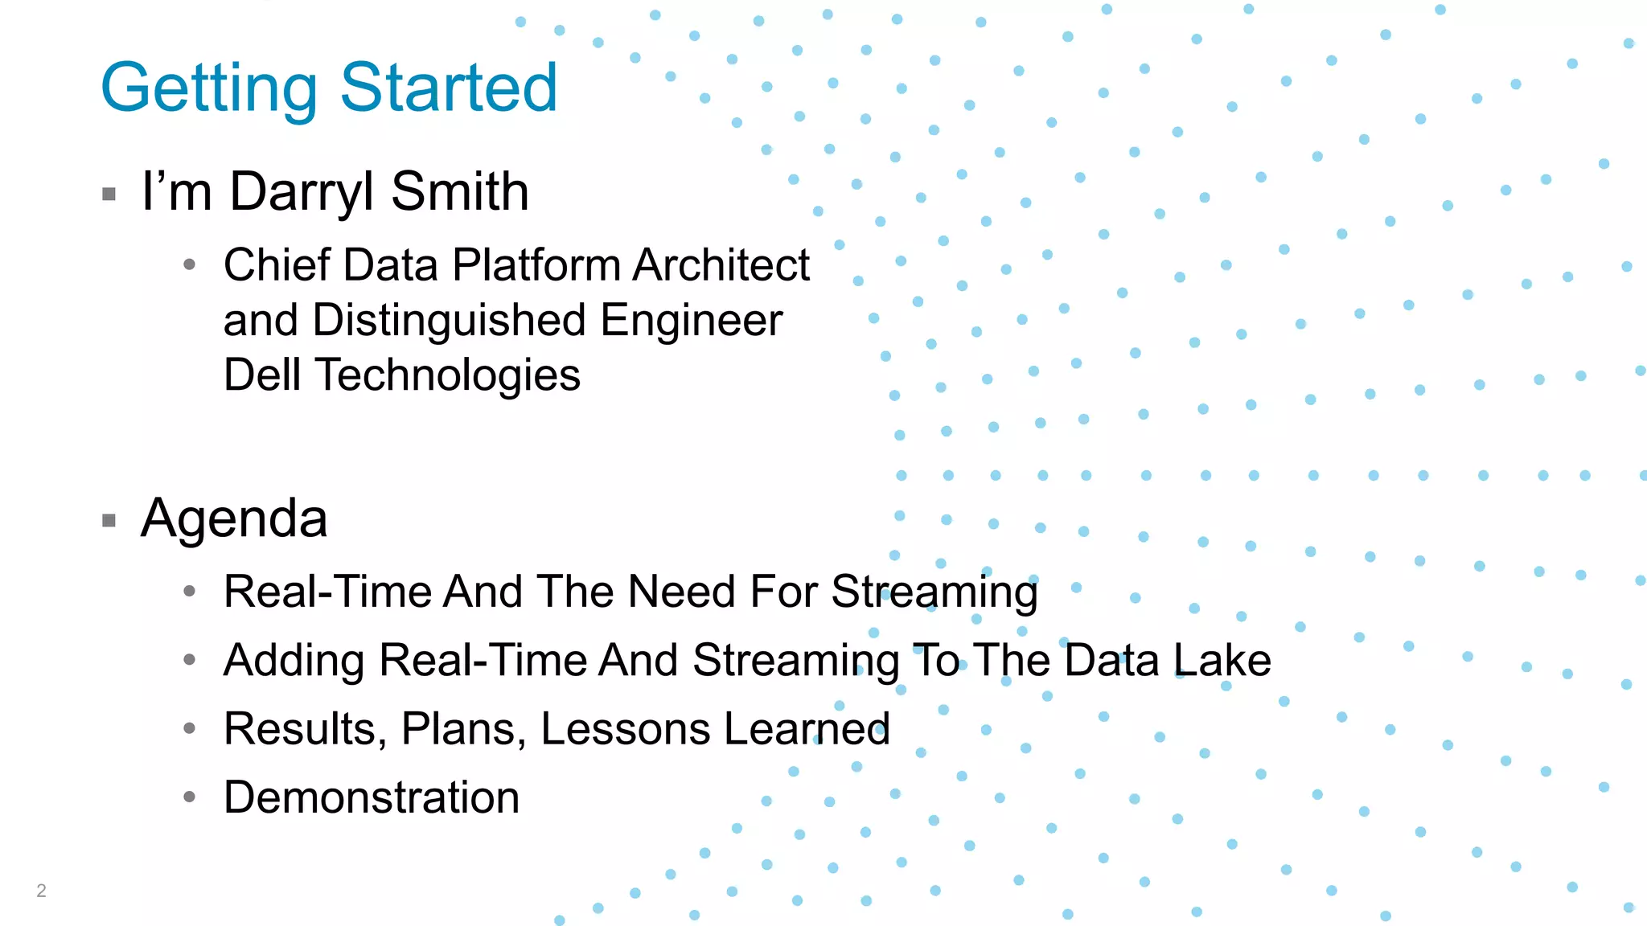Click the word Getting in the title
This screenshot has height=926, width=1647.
click(x=209, y=88)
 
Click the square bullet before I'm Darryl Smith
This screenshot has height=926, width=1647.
click(x=109, y=194)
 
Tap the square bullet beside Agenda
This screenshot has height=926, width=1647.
click(x=109, y=521)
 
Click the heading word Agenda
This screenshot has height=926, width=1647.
click(x=234, y=518)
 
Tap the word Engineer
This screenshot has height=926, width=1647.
click(x=691, y=321)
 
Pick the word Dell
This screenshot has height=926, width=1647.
click(x=262, y=375)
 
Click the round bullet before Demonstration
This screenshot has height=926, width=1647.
click(x=190, y=797)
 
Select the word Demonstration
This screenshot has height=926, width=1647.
click(x=372, y=797)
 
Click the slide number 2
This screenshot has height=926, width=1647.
click(x=41, y=891)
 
